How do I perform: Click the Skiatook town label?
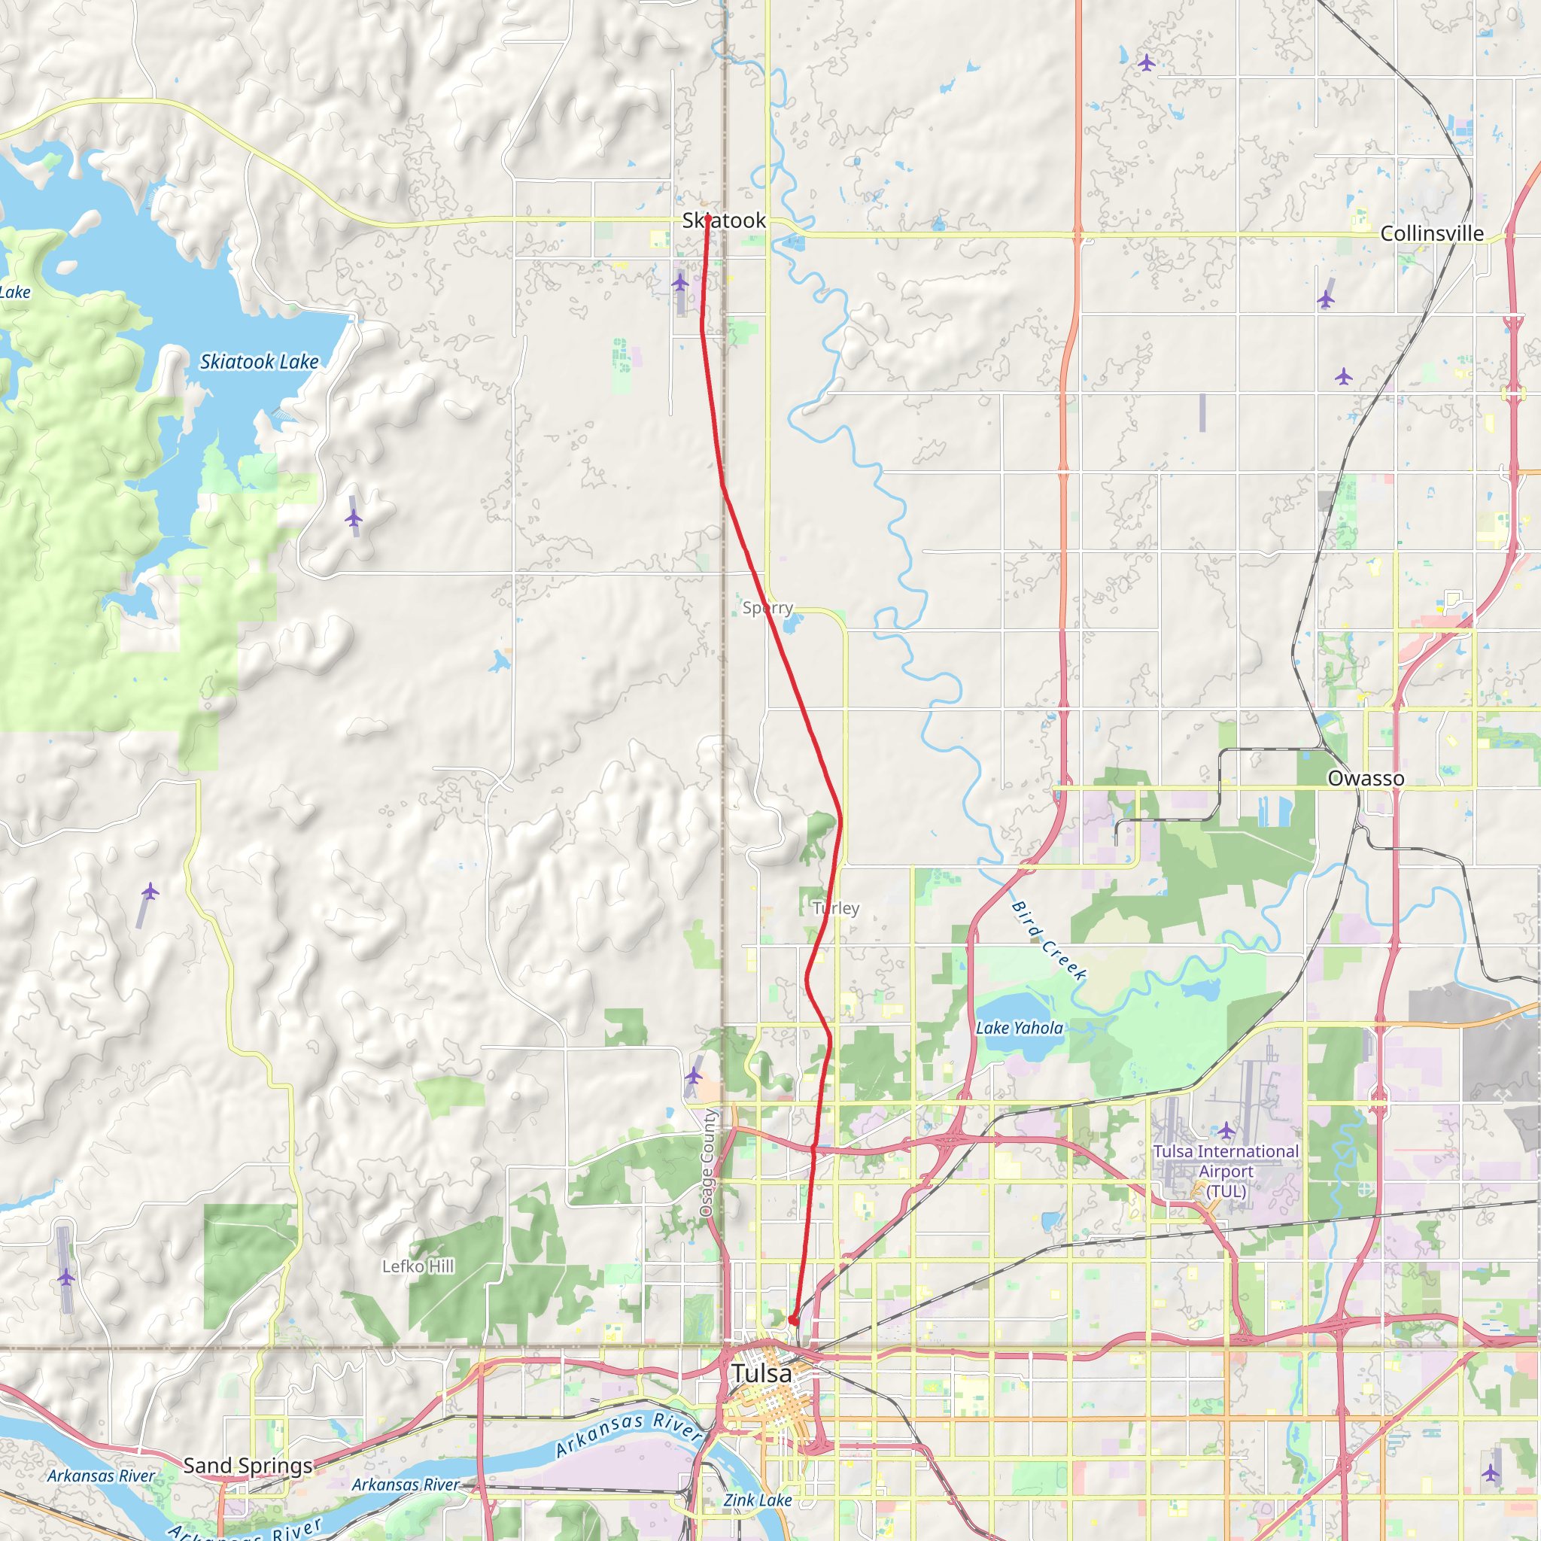(723, 221)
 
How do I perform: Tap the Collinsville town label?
(1432, 234)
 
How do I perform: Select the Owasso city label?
(1366, 779)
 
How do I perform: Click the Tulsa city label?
(761, 1373)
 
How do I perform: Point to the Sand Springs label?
(248, 1465)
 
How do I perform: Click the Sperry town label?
(767, 608)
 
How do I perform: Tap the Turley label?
(835, 907)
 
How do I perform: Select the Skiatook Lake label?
(260, 362)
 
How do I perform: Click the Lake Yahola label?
(1020, 1028)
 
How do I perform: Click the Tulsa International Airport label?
(1226, 1171)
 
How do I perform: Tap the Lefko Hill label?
(418, 1266)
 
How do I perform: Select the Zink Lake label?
(757, 1500)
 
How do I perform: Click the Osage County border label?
(707, 1163)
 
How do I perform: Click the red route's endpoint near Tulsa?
(793, 1321)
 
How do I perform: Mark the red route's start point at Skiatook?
(707, 217)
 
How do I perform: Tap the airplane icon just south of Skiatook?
(679, 282)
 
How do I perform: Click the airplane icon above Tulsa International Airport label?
(1226, 1130)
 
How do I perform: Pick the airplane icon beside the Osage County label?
(693, 1076)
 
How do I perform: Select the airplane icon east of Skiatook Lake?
(354, 518)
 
